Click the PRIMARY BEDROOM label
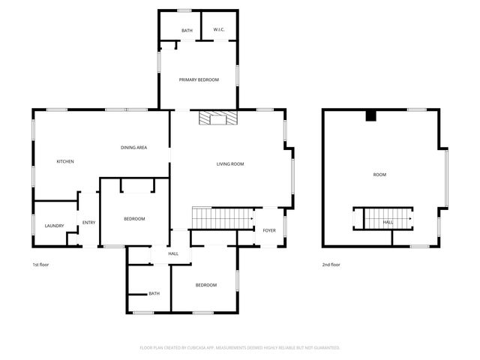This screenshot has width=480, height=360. pyautogui.click(x=198, y=79)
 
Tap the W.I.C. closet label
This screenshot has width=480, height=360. pyautogui.click(x=219, y=30)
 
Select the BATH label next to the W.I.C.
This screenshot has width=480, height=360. pyautogui.click(x=187, y=30)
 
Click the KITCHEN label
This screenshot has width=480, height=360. pyautogui.click(x=65, y=161)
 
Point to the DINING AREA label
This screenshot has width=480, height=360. pyautogui.click(x=133, y=147)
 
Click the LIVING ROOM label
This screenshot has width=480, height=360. pyautogui.click(x=230, y=163)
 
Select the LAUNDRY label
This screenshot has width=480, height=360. pyautogui.click(x=54, y=226)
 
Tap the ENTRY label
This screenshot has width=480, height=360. pyautogui.click(x=88, y=222)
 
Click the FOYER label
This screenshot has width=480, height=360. pyautogui.click(x=269, y=230)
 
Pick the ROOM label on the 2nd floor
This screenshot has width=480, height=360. pyautogui.click(x=379, y=175)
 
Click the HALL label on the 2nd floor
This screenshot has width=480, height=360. pyautogui.click(x=388, y=222)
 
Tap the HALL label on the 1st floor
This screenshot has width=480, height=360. pyautogui.click(x=173, y=254)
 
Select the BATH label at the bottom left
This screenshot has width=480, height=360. pyautogui.click(x=154, y=293)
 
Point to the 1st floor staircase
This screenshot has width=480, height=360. pyautogui.click(x=222, y=218)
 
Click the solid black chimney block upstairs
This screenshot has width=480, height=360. pyautogui.click(x=370, y=115)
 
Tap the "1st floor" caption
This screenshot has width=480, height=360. pyautogui.click(x=40, y=265)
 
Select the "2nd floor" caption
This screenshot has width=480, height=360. pyautogui.click(x=331, y=265)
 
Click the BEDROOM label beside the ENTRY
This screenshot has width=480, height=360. pyautogui.click(x=134, y=218)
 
